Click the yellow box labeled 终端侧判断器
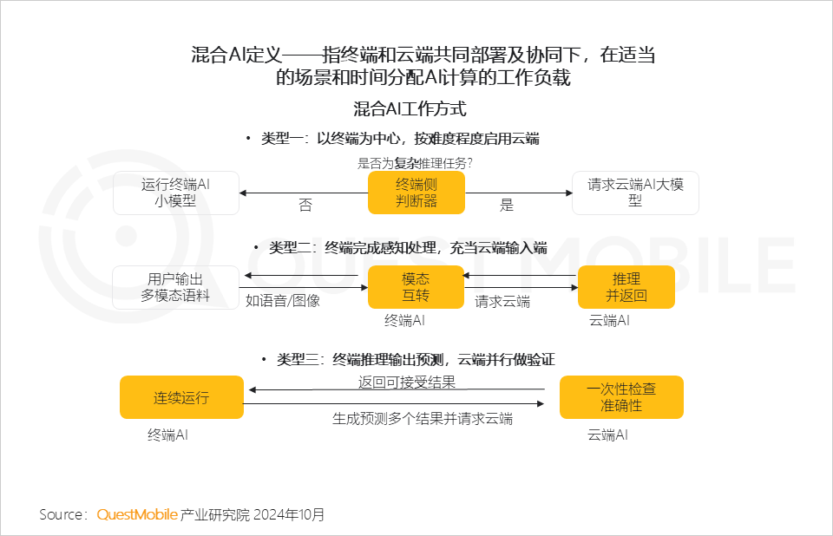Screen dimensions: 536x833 pos(416,193)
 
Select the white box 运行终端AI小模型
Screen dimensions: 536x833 pos(176,193)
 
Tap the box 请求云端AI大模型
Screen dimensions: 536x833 pos(635,193)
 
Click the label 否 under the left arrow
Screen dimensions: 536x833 pos(305,206)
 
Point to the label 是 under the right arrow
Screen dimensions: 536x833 pos(507,206)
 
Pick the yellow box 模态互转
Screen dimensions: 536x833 pos(415,287)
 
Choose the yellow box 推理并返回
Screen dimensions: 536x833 pos(626,287)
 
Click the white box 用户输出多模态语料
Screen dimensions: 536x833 pos(175,287)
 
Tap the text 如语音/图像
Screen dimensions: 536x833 pos(283,301)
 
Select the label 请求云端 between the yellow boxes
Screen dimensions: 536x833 pos(502,302)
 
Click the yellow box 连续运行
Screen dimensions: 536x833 pos(181,398)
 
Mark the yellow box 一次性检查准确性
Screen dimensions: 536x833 pos(621,398)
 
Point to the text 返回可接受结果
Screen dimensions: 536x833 pos(407,382)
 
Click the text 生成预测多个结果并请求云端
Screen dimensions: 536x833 pos(423,418)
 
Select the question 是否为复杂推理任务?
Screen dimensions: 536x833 pos(415,162)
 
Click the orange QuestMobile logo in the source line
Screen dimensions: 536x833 pos(137,514)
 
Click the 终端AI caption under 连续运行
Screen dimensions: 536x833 pos(167,435)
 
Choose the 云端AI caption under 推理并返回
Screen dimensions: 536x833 pos(609,321)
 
